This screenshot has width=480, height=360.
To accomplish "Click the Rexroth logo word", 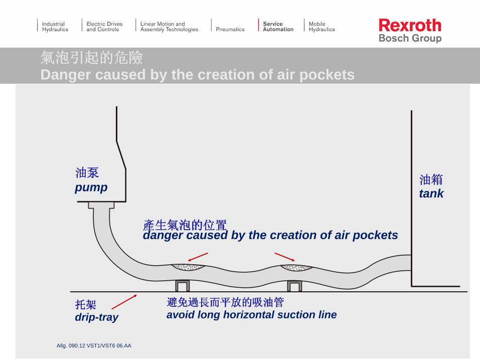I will point(410,25).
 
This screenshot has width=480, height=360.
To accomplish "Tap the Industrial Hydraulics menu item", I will point(55,27).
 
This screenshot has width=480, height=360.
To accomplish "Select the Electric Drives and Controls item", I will point(104,27).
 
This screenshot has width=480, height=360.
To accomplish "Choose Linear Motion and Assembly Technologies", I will point(169,27).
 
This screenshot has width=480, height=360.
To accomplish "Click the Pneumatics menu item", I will point(230,30).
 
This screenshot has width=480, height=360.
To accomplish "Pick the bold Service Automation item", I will point(278,27).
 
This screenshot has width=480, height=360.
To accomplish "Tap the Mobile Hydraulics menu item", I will point(321,27).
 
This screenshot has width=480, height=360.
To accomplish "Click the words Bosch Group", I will point(410,39).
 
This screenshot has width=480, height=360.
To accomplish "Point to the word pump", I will point(91,188).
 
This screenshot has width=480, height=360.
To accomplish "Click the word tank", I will point(431,194).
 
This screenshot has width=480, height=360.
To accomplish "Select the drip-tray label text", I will point(96,317).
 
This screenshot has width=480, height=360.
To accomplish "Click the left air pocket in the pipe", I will point(188,267).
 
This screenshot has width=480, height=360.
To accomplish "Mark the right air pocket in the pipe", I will point(295,267).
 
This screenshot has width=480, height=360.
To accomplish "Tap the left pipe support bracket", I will point(182,286).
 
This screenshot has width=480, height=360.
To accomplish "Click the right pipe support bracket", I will point(294,286).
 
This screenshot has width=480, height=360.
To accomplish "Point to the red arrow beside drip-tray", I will point(124,302).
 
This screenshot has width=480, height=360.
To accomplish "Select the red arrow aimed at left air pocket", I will point(198,257).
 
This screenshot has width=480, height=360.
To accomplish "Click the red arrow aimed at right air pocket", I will point(284,257).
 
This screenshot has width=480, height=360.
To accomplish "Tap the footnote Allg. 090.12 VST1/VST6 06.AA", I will point(94,345).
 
